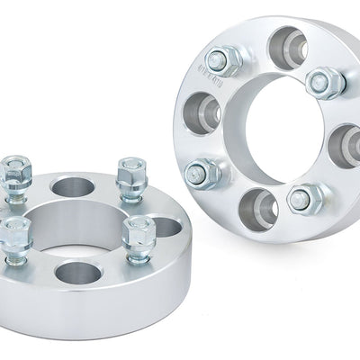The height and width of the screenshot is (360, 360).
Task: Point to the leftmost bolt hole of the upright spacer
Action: click(202, 113)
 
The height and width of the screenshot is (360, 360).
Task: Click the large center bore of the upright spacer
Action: click(270, 130)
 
